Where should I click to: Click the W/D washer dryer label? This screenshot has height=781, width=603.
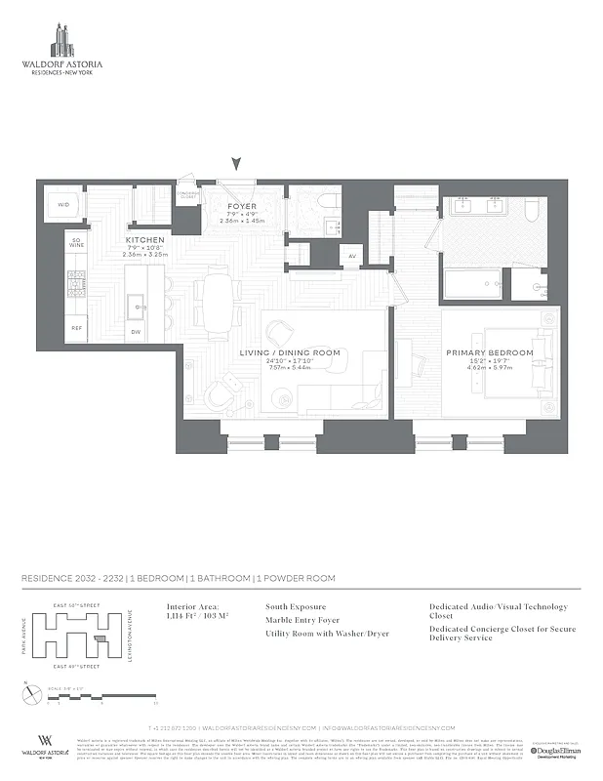pyautogui.click(x=63, y=205)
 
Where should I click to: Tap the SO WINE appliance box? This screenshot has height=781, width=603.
pyautogui.click(x=75, y=243)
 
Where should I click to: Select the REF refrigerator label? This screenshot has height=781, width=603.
pyautogui.click(x=76, y=328)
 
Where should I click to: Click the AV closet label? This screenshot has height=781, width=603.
pyautogui.click(x=352, y=257)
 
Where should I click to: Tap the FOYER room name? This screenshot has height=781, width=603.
pyautogui.click(x=241, y=207)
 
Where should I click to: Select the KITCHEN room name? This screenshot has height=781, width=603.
pyautogui.click(x=144, y=240)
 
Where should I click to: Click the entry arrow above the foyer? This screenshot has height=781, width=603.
pyautogui.click(x=234, y=165)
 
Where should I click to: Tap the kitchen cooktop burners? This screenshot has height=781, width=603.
pyautogui.click(x=76, y=284)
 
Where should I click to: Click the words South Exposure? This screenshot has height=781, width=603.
pyautogui.click(x=296, y=606)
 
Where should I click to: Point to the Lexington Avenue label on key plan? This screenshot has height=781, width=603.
pyautogui.click(x=130, y=634)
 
